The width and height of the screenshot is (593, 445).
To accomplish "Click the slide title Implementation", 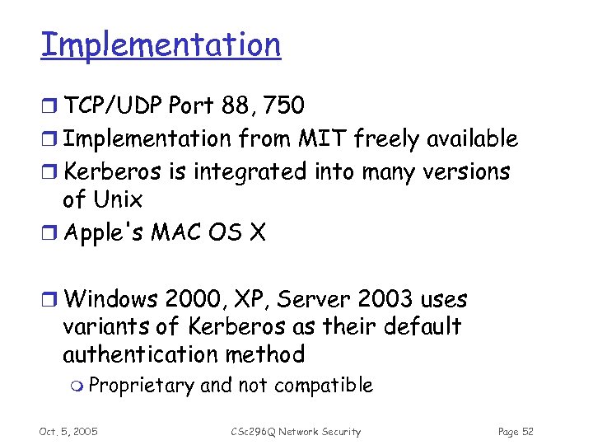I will (161, 44).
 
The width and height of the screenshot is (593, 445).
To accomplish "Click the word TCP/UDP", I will (113, 105).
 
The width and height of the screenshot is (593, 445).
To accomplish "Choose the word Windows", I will (111, 299).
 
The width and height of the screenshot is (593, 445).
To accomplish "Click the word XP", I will (253, 299).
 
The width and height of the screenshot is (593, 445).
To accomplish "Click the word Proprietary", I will (141, 385).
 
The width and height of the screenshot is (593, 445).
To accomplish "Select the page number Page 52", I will (516, 432).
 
